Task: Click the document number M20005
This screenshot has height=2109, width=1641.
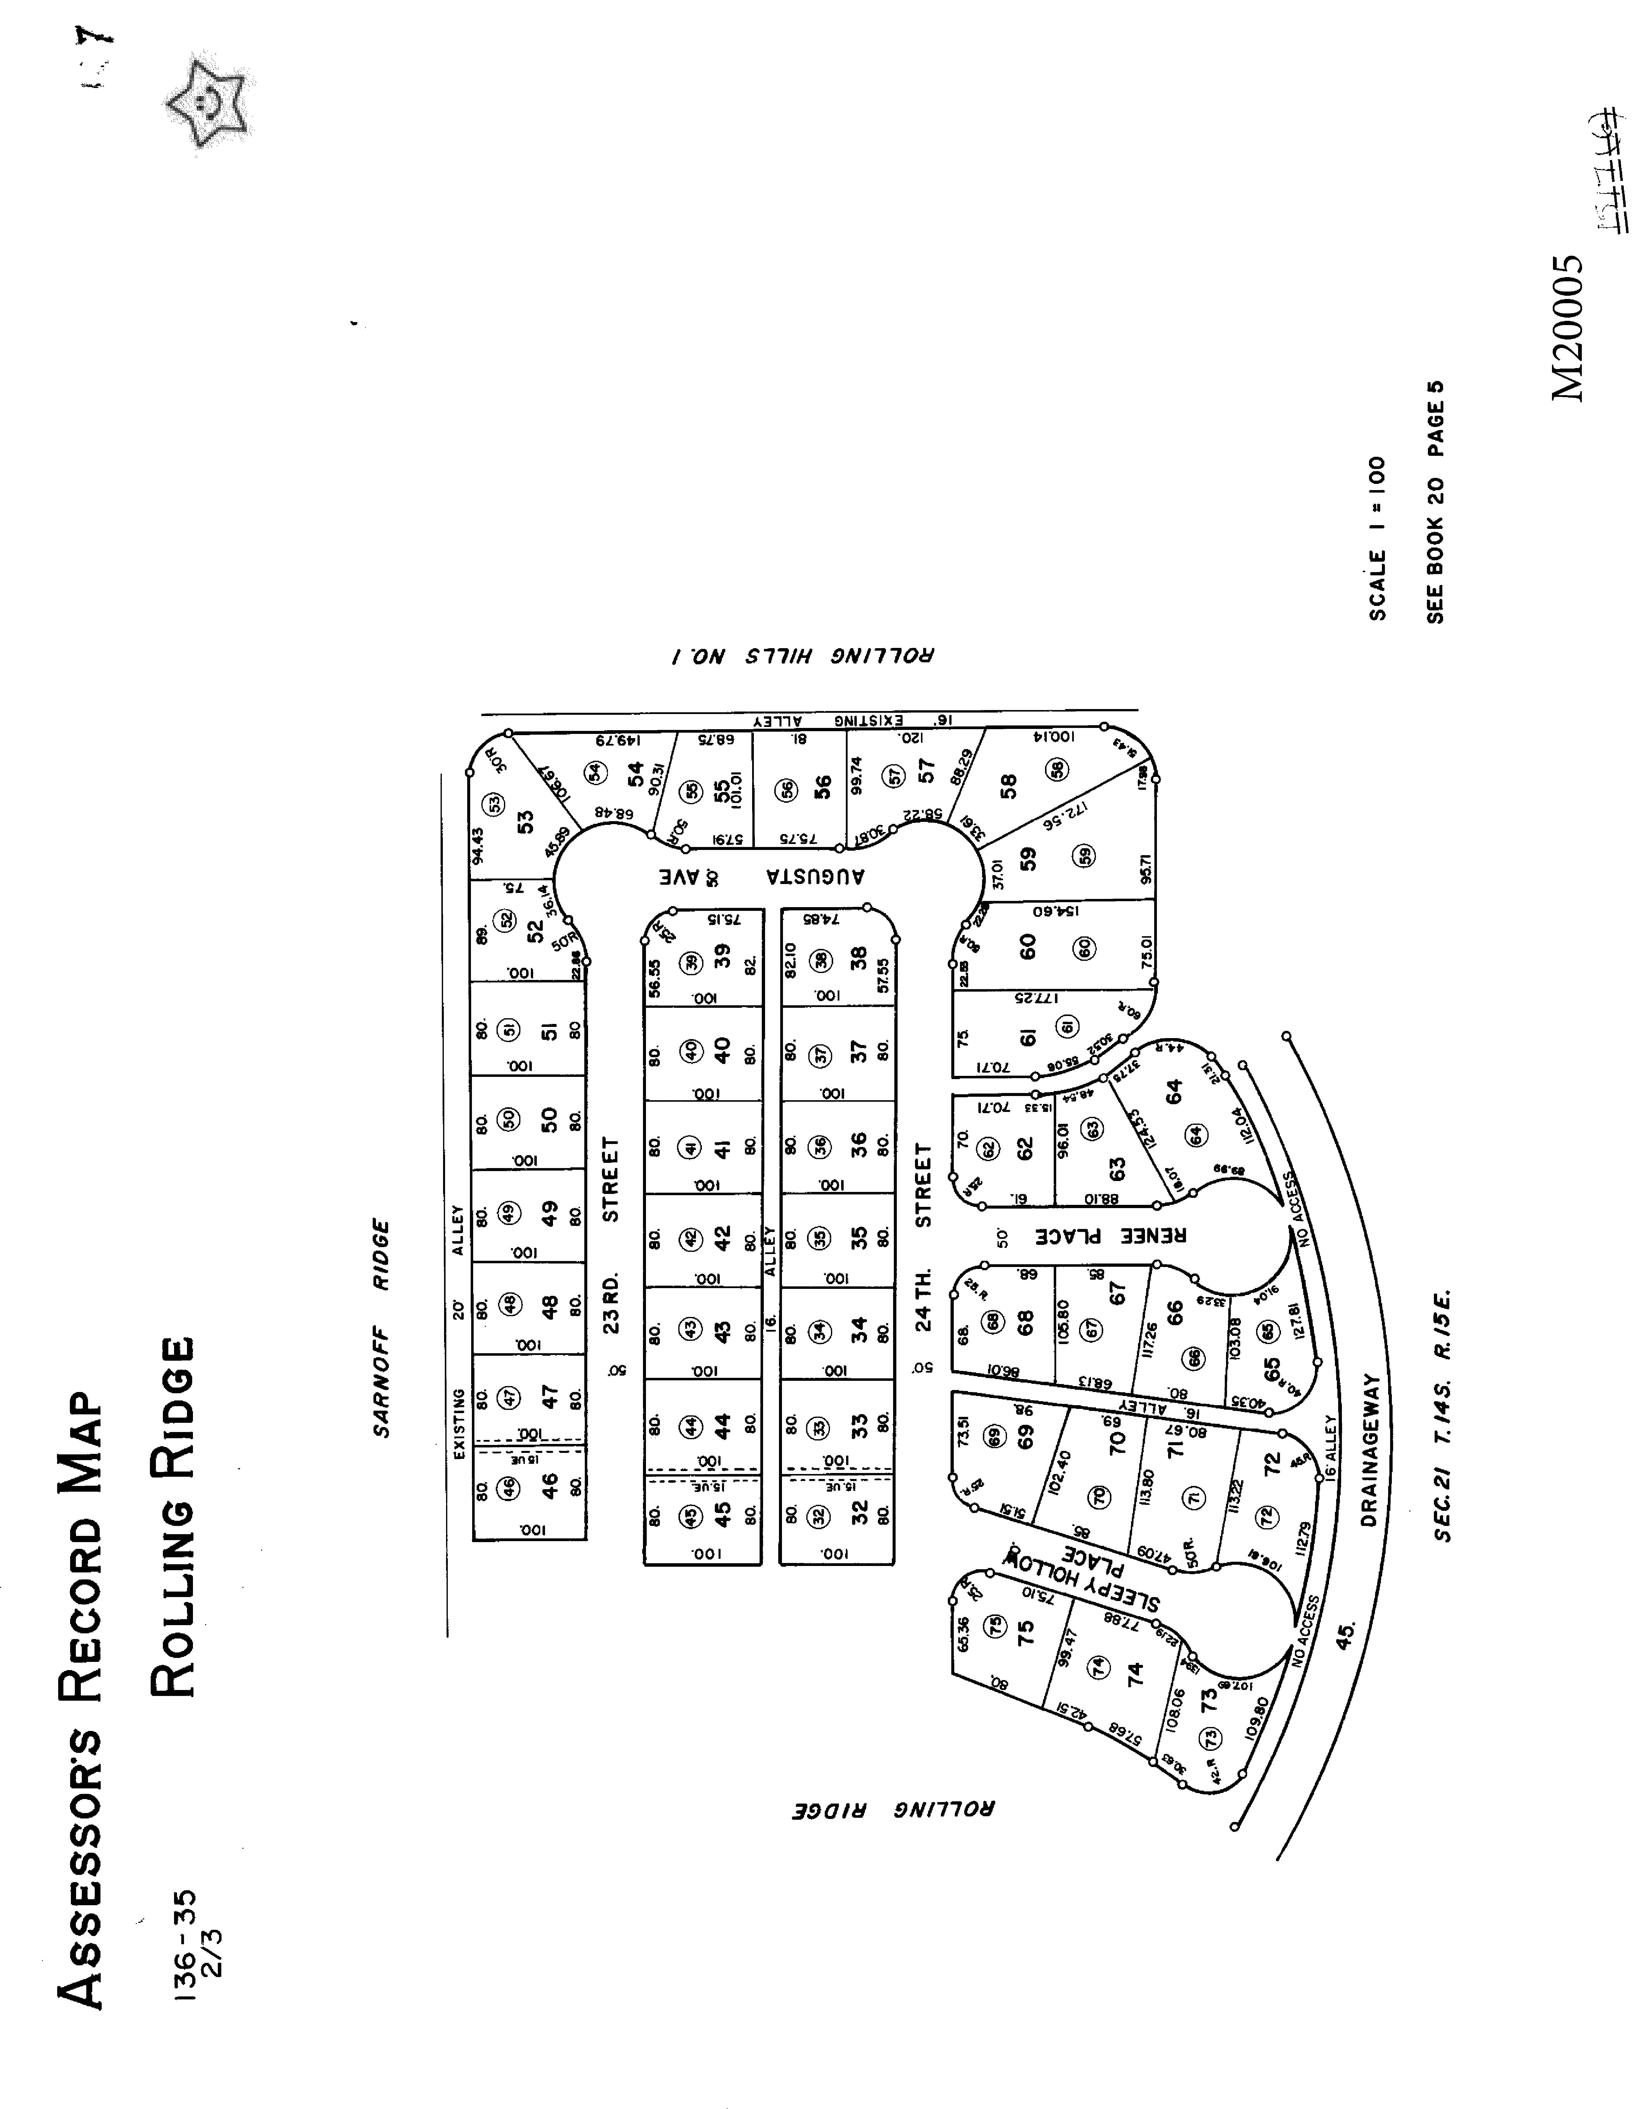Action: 1567,328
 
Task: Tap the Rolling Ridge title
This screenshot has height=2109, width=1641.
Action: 174,1516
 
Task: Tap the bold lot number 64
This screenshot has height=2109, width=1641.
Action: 1174,1092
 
